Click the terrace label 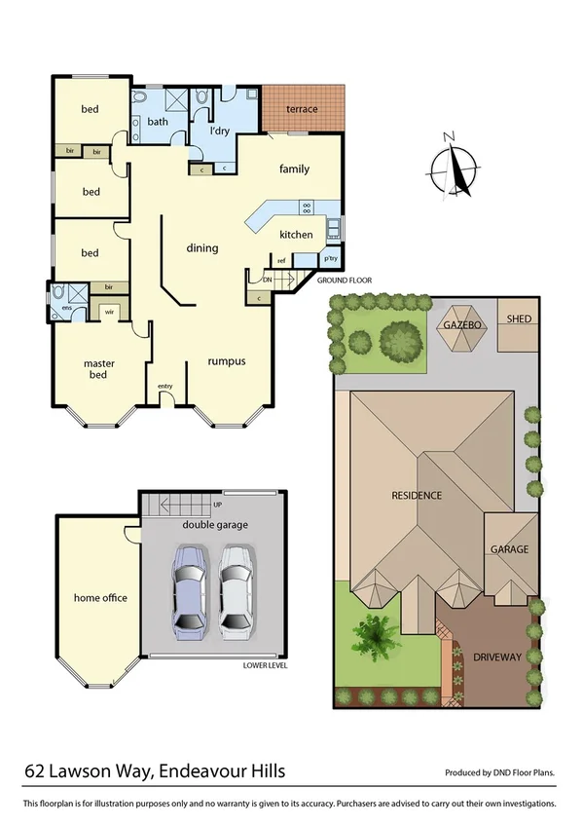tap(302, 109)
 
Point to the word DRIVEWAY tap(497, 657)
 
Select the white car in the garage tap(237, 590)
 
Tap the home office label tap(101, 598)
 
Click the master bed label tap(99, 369)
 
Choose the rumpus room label tap(226, 361)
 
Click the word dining tap(202, 248)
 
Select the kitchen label tap(296, 235)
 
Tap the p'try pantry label tap(329, 259)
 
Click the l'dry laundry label tap(219, 131)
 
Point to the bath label tap(158, 122)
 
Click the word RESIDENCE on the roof tap(417, 495)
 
